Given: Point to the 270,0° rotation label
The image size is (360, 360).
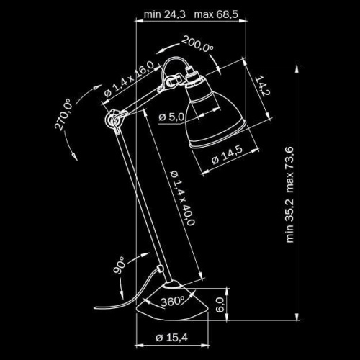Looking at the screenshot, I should click(64, 115).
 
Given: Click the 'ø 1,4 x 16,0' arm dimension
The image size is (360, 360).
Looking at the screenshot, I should click(128, 81).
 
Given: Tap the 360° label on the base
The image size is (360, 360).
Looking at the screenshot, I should click(174, 300).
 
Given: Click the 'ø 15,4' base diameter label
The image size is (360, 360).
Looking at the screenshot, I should click(171, 337).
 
